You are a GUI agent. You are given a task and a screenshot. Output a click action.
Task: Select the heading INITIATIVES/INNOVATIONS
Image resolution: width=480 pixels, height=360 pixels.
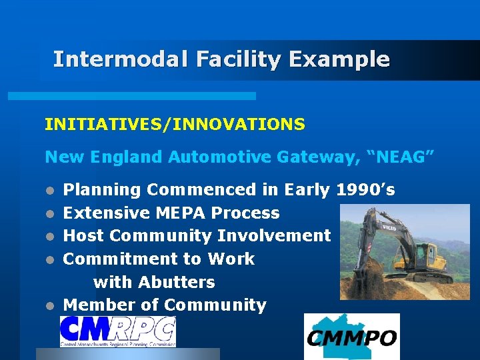point(175,124)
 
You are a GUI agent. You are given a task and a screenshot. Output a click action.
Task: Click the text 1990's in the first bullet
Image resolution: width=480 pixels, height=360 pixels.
point(366,190)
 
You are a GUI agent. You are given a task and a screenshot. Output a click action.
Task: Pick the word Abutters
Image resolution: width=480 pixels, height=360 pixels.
point(177,282)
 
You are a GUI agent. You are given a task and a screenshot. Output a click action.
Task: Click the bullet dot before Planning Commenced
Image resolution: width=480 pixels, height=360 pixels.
point(49,191)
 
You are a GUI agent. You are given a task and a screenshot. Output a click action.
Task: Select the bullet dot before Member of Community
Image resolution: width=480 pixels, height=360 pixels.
point(49,307)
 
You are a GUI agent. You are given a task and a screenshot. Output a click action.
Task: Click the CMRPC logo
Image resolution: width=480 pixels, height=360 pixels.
point(118,331)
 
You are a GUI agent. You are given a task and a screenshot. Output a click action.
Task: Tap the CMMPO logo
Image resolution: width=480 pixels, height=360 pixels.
point(351,337)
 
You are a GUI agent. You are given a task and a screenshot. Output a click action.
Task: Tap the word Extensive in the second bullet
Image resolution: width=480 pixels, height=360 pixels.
point(107,213)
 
